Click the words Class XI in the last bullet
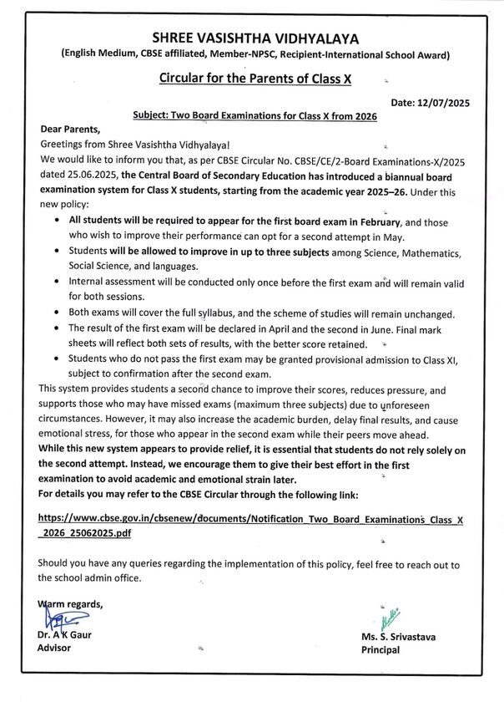coord(443,359)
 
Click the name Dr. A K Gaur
coord(66,636)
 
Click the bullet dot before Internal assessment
coord(56,282)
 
